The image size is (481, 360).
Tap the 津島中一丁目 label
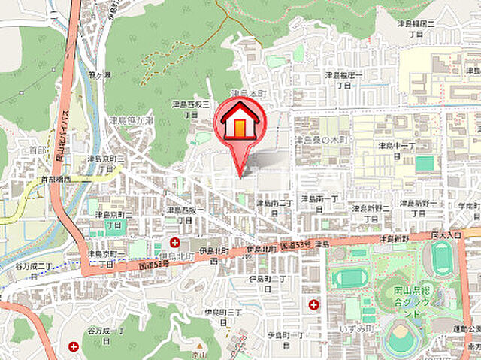pyautogui.click(x=398, y=150)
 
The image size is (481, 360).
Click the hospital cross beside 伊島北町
pyautogui.click(x=175, y=242)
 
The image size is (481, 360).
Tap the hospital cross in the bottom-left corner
pyautogui.click(x=74, y=346)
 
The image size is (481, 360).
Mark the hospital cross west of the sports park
pyautogui.click(x=313, y=304)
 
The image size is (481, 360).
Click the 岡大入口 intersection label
pyautogui.click(x=446, y=235)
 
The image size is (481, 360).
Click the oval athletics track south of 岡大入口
pyautogui.click(x=443, y=259)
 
